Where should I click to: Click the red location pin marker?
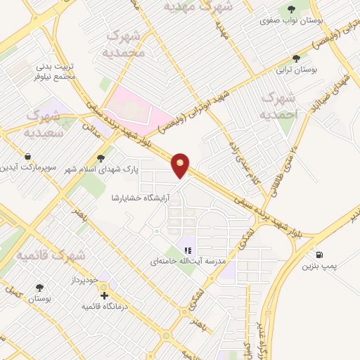pos(181,165)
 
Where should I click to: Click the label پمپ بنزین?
pos(321,266)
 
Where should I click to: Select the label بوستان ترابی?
pos(296,71)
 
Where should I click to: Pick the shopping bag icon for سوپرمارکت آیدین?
pos(27,156)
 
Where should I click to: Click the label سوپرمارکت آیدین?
pos(26,168)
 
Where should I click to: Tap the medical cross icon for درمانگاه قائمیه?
pos(105,295)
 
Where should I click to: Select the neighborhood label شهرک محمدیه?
pos(124,44)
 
